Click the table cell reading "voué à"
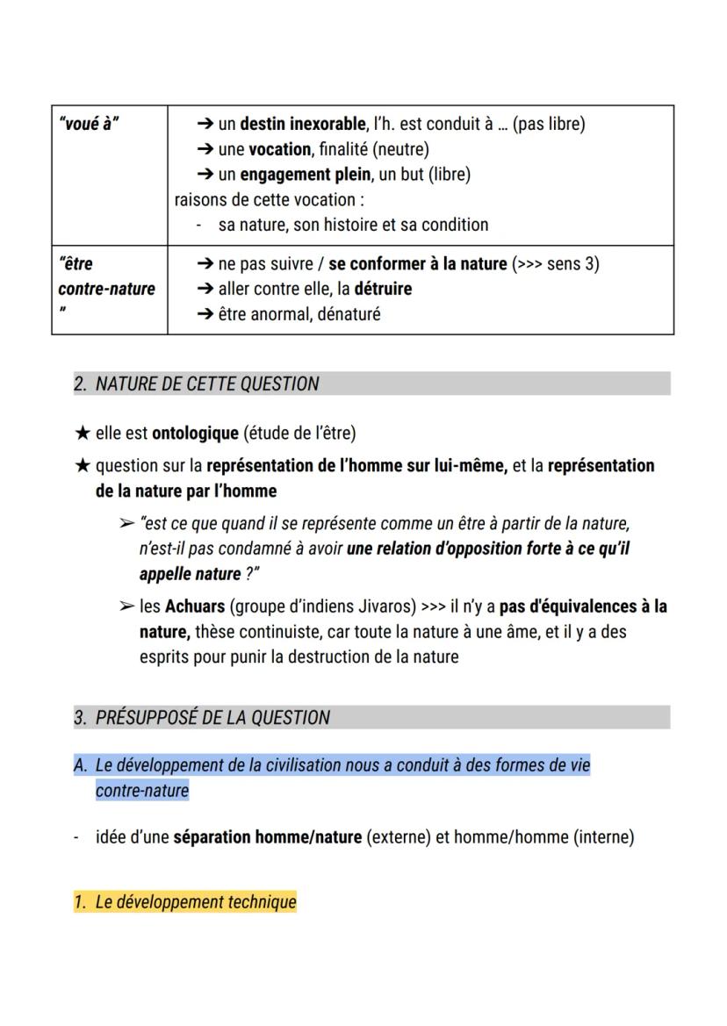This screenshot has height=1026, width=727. [x=89, y=124]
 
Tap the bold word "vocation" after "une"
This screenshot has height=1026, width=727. [x=280, y=149]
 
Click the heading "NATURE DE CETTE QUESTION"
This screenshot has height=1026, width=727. [x=207, y=384]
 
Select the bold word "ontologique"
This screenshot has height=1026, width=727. [x=195, y=433]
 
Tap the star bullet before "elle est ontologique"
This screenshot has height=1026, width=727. [x=83, y=433]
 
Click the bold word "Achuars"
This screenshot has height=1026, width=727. [x=195, y=606]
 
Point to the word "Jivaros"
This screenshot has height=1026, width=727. [x=384, y=606]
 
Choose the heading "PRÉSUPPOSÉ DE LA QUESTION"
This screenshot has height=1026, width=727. [x=213, y=717]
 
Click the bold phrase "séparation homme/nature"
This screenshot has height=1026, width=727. [x=267, y=836]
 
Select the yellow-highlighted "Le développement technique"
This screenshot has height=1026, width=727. [x=196, y=901]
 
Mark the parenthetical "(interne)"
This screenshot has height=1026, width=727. [x=603, y=836]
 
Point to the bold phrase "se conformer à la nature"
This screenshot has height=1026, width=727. [x=418, y=263]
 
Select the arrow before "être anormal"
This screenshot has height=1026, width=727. [x=205, y=314]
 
